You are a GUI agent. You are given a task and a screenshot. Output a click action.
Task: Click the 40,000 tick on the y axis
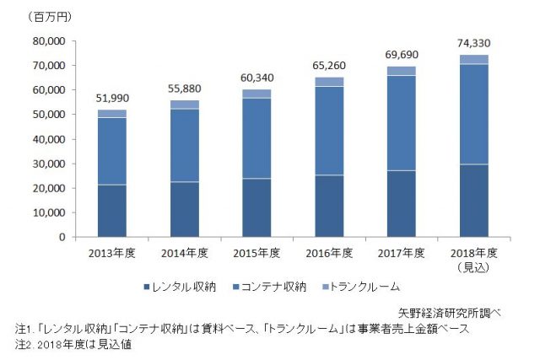(x=46, y=138)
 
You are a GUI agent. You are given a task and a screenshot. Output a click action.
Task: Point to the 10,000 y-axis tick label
(x=46, y=212)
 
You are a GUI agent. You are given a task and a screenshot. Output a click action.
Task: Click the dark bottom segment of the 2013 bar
(x=111, y=211)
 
